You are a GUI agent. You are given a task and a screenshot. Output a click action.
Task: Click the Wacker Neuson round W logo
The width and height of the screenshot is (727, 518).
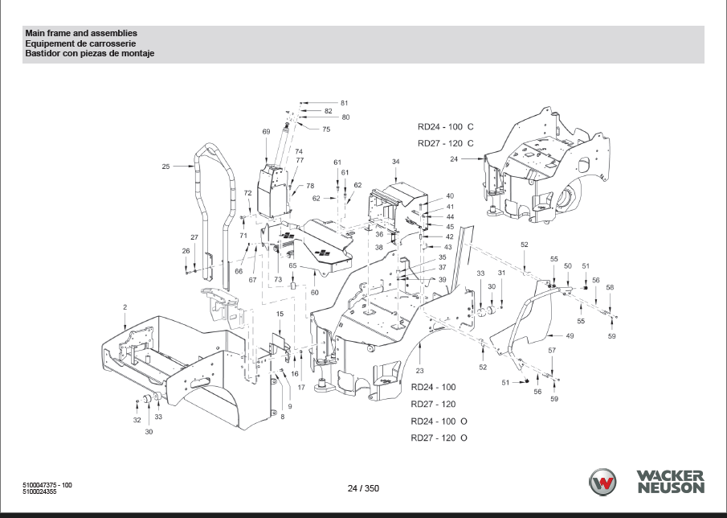click(x=602, y=482)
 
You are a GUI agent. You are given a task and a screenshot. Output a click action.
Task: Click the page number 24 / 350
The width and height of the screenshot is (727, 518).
click(x=363, y=488)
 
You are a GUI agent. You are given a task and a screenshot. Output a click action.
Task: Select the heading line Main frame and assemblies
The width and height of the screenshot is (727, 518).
click(x=81, y=33)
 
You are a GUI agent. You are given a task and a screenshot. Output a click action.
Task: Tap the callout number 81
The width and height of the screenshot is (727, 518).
click(x=344, y=103)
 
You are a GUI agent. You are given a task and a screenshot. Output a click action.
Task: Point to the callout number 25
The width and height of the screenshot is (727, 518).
click(x=165, y=166)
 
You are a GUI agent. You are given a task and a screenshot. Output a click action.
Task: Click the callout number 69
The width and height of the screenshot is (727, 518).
click(x=266, y=132)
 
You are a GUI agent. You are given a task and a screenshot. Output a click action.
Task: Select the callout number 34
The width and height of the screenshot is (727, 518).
click(x=395, y=162)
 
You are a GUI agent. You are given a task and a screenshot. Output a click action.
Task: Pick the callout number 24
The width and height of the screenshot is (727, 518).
click(x=453, y=158)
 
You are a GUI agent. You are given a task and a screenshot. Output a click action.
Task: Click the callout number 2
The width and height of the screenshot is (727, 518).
click(x=125, y=307)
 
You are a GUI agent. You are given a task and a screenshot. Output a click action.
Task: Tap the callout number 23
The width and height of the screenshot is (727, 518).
click(x=419, y=370)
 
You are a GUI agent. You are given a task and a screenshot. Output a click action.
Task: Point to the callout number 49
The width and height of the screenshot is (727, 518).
click(x=570, y=335)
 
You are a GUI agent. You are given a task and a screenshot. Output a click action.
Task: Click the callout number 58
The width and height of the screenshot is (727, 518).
click(x=610, y=287)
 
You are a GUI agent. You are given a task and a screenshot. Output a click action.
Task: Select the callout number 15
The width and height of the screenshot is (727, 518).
click(x=280, y=314)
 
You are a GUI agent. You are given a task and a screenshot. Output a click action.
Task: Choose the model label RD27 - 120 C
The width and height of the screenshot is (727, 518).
click(x=446, y=143)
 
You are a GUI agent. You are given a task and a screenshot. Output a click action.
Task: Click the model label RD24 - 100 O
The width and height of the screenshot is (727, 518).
click(x=439, y=421)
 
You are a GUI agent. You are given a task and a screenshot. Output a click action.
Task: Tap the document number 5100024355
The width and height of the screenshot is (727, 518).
click(x=40, y=491)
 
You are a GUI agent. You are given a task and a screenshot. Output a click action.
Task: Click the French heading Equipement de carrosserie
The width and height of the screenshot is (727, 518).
click(x=80, y=43)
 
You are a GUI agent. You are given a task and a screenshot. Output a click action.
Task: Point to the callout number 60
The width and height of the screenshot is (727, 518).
click(x=315, y=293)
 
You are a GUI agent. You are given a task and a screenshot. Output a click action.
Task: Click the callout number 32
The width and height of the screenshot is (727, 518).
click(x=137, y=420)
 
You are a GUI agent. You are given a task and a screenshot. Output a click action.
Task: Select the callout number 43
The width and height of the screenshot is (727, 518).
click(x=448, y=248)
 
